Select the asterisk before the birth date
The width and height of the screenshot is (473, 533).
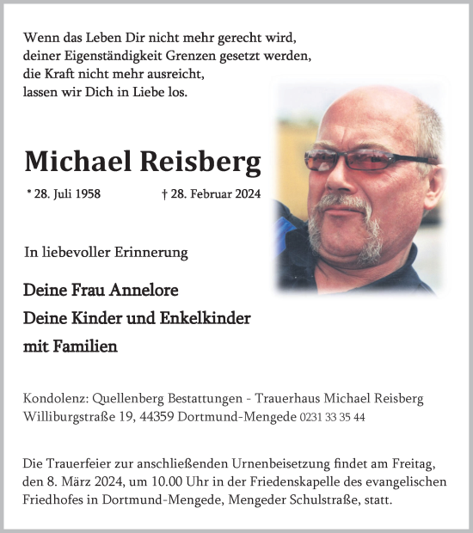tap(30, 193)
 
